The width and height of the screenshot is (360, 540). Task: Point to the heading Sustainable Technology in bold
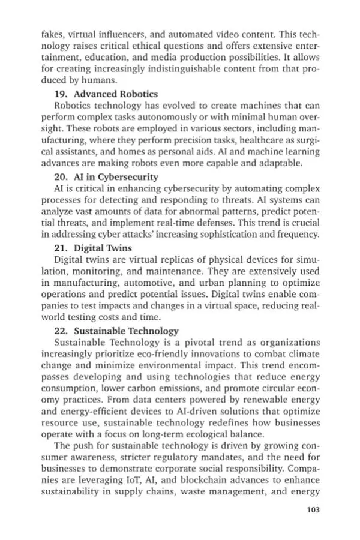[125, 330]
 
